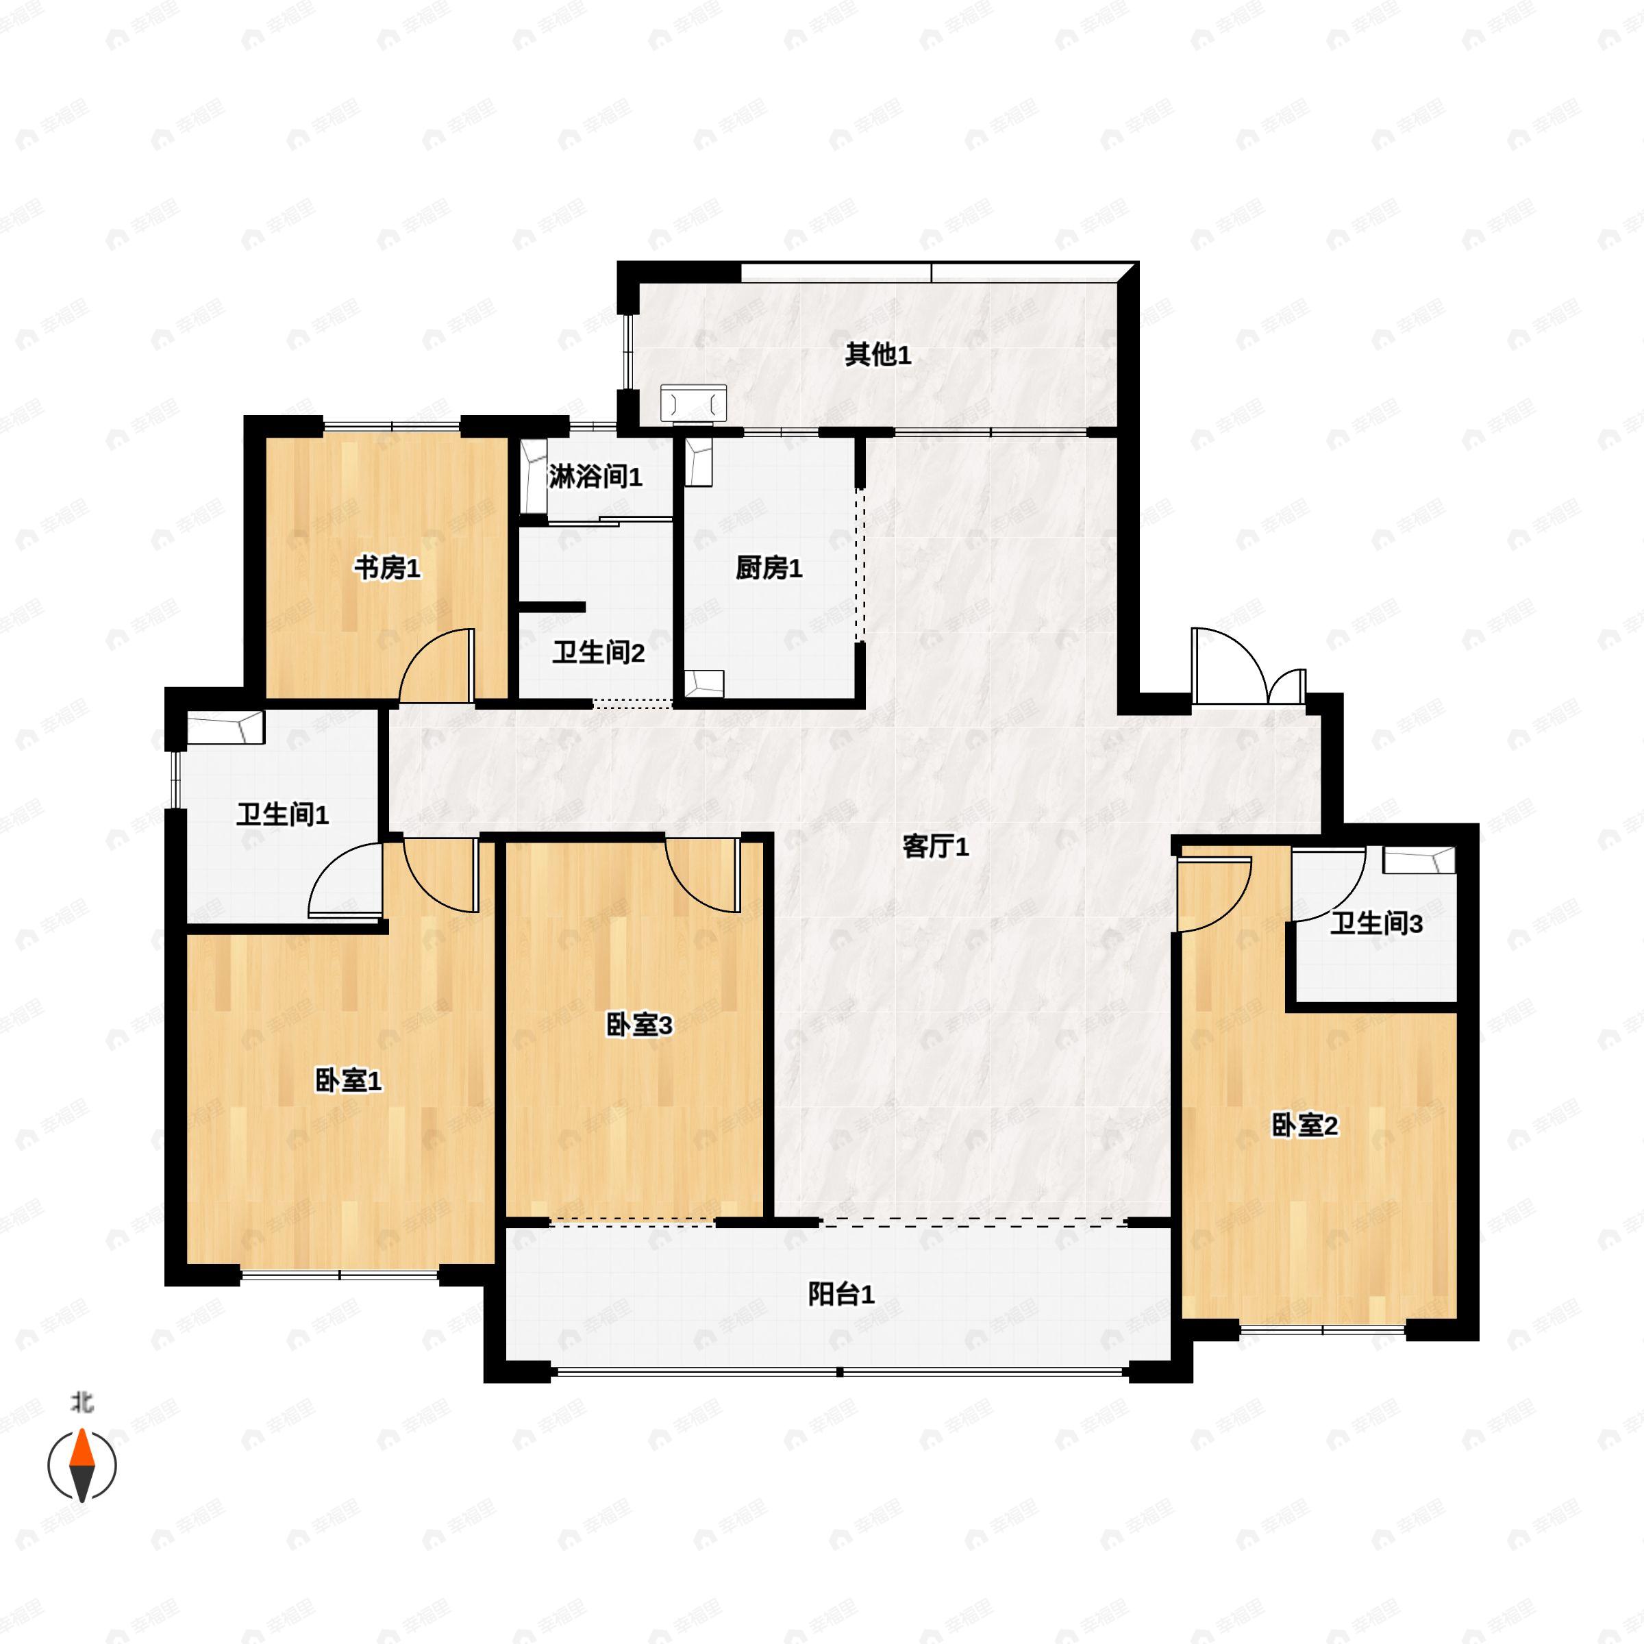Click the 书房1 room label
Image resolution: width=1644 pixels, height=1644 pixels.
[387, 568]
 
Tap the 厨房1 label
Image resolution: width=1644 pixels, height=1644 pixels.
[769, 568]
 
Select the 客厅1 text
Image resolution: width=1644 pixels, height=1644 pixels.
[935, 847]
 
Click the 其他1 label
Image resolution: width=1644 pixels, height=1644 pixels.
[877, 355]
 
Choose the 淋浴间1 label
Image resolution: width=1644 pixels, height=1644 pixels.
[596, 477]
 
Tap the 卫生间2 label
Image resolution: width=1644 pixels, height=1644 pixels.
[598, 653]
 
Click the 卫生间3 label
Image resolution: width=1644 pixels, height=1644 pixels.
[1376, 923]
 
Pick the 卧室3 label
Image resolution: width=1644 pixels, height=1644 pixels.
[639, 1025]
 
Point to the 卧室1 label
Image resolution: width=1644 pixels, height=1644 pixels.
[348, 1081]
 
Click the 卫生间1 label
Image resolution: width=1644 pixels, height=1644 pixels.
[282, 815]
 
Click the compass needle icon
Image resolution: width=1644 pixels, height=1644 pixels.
[82, 1465]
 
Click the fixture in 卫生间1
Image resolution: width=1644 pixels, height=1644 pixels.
[225, 727]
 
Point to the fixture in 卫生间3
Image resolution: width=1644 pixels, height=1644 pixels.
[1419, 860]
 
